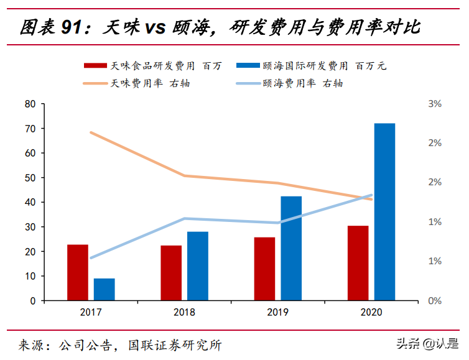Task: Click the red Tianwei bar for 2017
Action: (x=78, y=272)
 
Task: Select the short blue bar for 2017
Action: (x=104, y=289)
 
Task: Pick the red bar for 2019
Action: (x=264, y=269)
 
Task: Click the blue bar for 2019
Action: (x=291, y=248)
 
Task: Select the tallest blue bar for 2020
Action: (x=384, y=211)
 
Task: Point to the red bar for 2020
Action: (x=358, y=263)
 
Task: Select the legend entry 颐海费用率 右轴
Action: (x=302, y=83)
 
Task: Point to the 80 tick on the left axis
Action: (x=30, y=104)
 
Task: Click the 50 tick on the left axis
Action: (x=30, y=178)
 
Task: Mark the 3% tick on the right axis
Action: (x=435, y=104)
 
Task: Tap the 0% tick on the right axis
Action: (x=435, y=301)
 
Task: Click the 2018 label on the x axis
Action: (x=184, y=313)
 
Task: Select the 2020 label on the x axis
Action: (x=371, y=313)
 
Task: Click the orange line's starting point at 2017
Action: (x=91, y=132)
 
